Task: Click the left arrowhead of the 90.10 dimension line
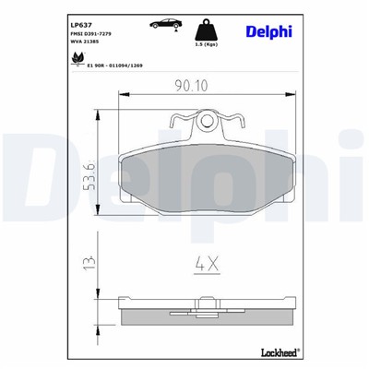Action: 125,96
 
